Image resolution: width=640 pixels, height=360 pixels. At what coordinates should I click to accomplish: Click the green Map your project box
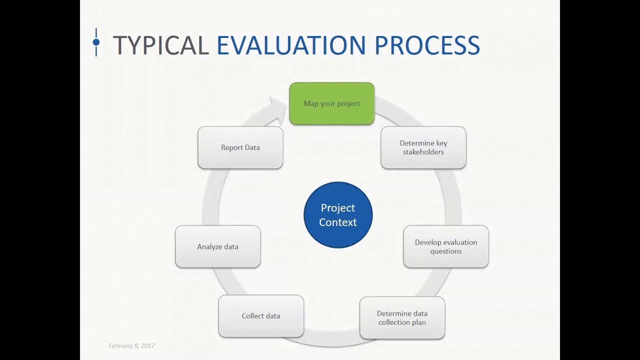331,103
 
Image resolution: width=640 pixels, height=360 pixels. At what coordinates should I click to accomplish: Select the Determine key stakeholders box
423,147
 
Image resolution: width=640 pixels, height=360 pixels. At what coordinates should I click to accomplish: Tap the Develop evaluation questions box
445,246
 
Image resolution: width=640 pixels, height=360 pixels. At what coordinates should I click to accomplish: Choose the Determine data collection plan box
402,318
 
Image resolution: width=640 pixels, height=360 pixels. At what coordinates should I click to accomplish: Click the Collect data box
260,316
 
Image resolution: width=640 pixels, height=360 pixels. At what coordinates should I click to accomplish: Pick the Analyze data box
217,246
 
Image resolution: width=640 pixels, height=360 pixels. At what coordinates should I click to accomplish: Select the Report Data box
240,147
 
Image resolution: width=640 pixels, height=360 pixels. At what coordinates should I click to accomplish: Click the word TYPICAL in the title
160,45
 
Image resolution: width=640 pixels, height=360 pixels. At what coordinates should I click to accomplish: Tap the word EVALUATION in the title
291,45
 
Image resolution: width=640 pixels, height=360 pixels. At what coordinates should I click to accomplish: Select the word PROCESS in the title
427,45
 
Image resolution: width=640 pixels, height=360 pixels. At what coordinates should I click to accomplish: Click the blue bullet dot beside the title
96,42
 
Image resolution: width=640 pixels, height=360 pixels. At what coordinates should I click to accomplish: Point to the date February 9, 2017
131,346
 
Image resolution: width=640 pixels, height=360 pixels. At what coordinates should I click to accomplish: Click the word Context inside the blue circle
338,222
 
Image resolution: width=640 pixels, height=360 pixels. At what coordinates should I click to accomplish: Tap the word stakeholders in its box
423,152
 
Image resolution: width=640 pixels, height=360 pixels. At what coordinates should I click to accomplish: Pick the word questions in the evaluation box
445,251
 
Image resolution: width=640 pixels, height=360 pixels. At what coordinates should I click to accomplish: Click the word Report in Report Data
231,147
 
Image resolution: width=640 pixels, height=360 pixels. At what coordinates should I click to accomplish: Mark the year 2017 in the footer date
147,346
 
